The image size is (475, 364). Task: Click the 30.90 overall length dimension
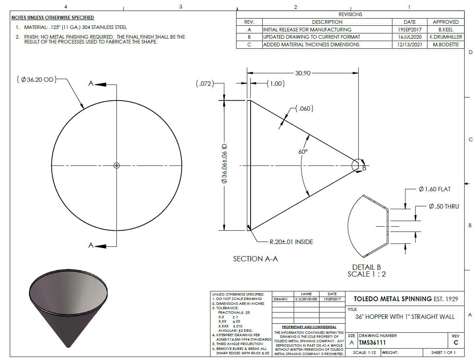point(303,73)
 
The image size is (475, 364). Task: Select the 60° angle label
point(303,151)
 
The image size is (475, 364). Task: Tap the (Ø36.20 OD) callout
point(36,80)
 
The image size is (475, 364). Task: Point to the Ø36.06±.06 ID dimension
point(224,163)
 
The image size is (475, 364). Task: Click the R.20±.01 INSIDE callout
point(291,242)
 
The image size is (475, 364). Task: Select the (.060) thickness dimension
point(305,108)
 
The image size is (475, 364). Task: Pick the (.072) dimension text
point(205,83)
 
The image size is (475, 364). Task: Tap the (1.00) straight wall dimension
point(276,83)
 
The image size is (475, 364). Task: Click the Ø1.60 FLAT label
point(435,189)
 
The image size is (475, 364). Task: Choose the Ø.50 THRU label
point(444,207)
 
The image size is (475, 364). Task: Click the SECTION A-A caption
point(255,259)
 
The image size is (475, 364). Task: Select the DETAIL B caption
point(367,267)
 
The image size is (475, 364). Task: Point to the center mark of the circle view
point(116,165)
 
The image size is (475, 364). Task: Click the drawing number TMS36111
point(372,343)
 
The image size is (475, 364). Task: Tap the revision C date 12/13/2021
point(410,45)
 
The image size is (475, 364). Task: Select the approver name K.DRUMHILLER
point(446,37)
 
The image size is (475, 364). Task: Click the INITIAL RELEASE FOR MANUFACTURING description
point(307,30)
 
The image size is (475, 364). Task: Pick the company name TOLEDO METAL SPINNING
point(392,299)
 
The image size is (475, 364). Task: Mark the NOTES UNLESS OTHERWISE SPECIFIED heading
point(53,18)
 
